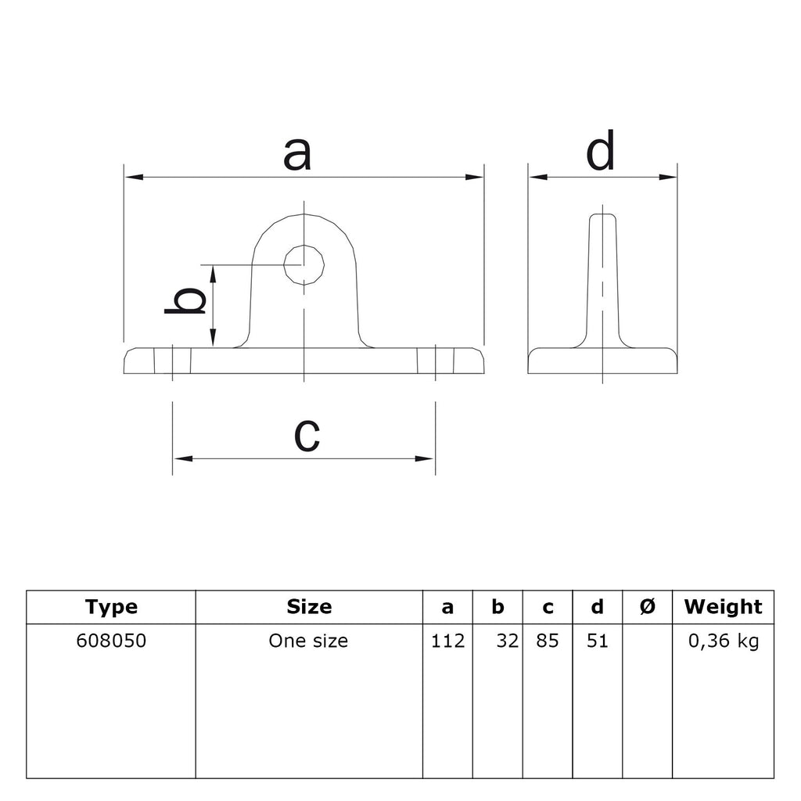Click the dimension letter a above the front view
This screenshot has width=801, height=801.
296,154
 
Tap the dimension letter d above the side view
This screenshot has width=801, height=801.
600,150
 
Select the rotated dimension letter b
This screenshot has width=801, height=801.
185,300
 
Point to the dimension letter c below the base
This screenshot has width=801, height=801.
307,435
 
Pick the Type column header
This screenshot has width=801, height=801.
111,607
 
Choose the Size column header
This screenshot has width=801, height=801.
309,606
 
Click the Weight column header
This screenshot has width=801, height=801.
723,607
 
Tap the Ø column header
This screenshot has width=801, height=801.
647,606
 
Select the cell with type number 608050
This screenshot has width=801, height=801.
111,641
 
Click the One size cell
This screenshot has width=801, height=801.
308,641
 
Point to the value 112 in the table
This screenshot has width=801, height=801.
448,641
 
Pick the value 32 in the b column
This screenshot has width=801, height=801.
508,641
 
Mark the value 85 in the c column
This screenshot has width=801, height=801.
548,641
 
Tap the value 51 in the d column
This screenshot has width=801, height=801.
598,641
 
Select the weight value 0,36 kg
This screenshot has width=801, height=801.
724,641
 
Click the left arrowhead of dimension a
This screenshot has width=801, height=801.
134,178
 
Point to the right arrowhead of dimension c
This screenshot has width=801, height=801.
425,458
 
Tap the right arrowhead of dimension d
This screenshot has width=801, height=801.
667,178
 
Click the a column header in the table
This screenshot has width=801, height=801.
447,607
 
